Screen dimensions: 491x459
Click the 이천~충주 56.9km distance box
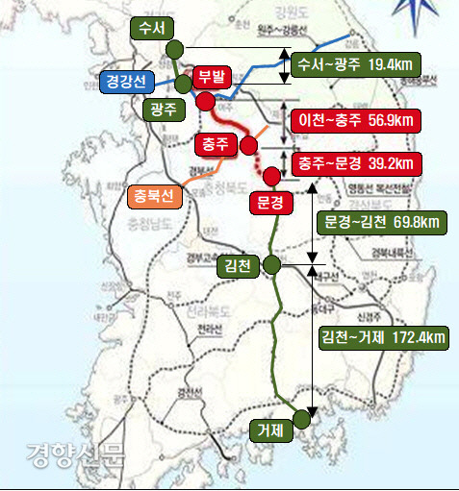click(355, 120)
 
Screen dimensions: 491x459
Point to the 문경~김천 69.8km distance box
click(379, 223)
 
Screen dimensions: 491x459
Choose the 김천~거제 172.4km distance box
click(383, 336)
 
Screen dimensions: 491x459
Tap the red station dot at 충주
click(248, 145)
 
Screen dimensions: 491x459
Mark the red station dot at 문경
click(272, 176)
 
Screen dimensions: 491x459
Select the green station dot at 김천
click(272, 264)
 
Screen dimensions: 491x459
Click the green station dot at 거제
click(303, 418)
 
